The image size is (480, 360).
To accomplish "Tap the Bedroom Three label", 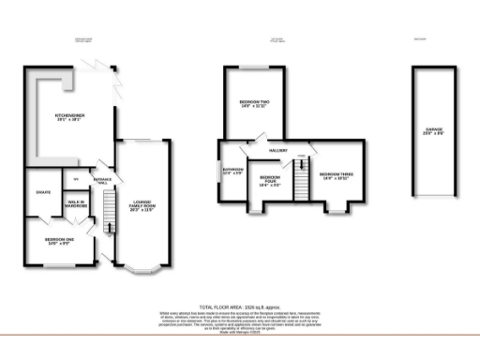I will (335, 175).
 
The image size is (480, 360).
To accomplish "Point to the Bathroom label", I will (232, 171).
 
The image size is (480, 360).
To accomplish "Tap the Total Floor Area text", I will (239, 305).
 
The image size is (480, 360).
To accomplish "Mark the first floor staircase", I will (302, 175).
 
